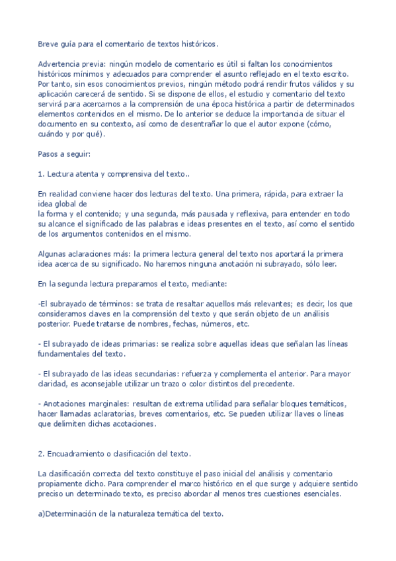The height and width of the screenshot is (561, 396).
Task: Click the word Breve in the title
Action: coord(48,44)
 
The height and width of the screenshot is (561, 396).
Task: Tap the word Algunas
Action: coord(53,254)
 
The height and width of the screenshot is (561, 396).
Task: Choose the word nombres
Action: coord(190,324)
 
